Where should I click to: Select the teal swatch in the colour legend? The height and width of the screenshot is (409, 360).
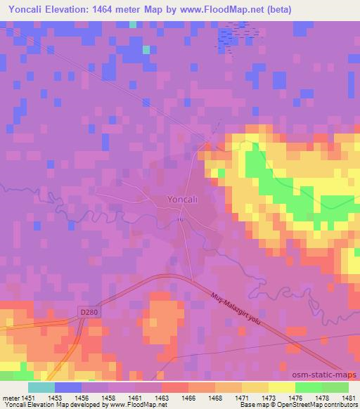point(41,388)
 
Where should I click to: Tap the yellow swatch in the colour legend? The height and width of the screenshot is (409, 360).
point(281,388)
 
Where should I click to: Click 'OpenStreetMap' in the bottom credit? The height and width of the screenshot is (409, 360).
point(303,405)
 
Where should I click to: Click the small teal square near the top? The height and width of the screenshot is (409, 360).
point(146,49)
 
